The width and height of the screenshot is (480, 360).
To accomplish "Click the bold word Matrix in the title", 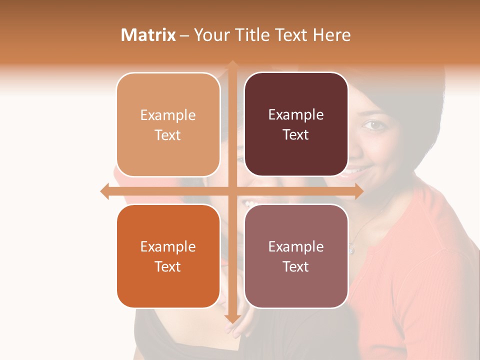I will coord(148,35).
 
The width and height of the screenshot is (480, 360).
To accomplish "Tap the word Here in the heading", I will coord(331,35).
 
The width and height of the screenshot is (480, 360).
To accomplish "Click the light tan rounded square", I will coord(168,124).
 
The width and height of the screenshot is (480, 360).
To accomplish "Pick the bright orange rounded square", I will coord(168,256).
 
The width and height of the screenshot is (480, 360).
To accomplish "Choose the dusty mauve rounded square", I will coord(296,256).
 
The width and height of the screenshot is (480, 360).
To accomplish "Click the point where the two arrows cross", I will coord(232,191).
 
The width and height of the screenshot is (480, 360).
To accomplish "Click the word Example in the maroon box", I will coord(296,114).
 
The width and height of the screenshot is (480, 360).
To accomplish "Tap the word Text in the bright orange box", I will coord(168,266).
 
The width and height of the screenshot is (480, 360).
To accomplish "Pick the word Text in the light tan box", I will coord(168,135).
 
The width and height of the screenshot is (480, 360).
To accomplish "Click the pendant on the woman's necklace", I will coord(351,248).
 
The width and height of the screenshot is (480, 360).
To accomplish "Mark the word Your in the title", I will coord(210,35).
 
